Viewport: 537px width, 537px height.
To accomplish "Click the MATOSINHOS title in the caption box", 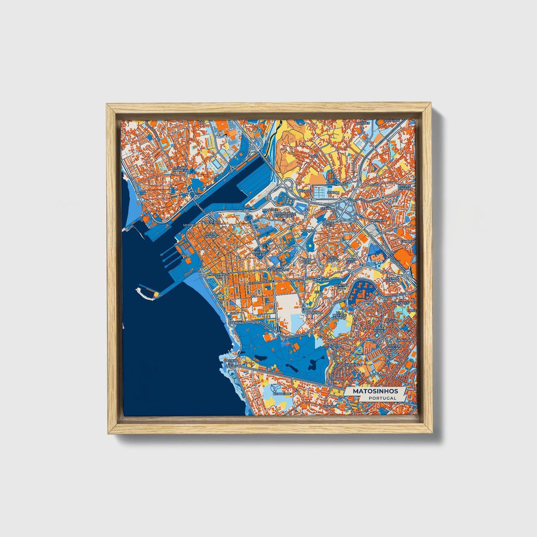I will pyautogui.click(x=375, y=391).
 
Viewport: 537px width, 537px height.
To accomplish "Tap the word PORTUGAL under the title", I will pyautogui.click(x=382, y=398).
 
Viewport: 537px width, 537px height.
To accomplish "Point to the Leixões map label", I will pyautogui.click(x=189, y=225).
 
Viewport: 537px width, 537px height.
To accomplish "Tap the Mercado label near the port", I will pyautogui.click(x=213, y=222).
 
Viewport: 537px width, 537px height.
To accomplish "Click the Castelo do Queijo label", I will pyautogui.click(x=230, y=363).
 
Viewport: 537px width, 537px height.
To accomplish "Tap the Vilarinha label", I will pyautogui.click(x=353, y=365).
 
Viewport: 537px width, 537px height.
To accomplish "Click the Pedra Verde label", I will pyautogui.click(x=378, y=330).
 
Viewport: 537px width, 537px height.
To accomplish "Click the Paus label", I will pyautogui.click(x=314, y=156).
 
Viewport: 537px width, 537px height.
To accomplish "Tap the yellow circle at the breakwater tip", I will pyautogui.click(x=156, y=294).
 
